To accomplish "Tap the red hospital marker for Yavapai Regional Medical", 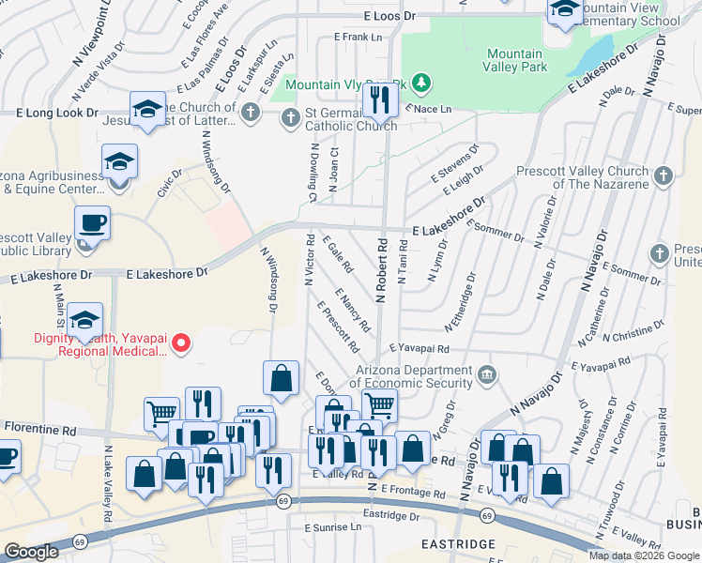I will click(x=182, y=344).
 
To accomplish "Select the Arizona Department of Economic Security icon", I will click(x=486, y=375).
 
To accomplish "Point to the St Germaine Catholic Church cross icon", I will click(x=290, y=116).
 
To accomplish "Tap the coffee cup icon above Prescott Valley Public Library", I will click(x=92, y=223).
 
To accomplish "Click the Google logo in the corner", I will click(x=31, y=552).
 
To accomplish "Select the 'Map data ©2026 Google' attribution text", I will click(x=643, y=555).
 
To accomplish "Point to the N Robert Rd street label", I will click(x=382, y=268).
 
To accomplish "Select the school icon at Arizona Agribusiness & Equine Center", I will click(x=119, y=160).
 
